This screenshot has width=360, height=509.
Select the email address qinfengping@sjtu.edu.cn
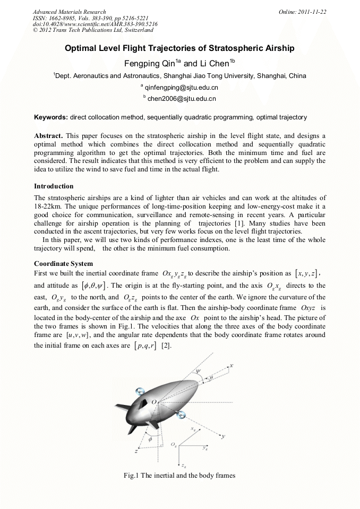point(182,87)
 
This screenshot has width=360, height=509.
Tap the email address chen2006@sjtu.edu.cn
point(182,98)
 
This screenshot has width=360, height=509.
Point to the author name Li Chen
point(214,63)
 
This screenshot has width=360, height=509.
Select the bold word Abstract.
point(48,136)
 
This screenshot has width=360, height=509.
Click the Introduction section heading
point(54,186)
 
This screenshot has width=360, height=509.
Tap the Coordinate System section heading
point(63,264)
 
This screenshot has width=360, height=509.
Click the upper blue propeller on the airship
point(140,391)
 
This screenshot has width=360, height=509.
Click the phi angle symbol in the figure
point(150,439)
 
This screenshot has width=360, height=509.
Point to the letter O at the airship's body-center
point(154,403)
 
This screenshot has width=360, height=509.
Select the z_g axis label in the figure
point(183,465)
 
